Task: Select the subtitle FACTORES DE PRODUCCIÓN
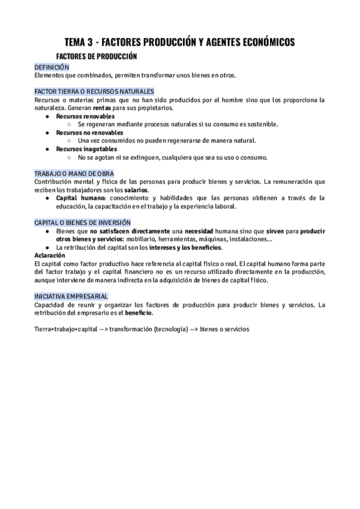click(101, 56)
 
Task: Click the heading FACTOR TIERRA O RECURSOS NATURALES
click(86, 91)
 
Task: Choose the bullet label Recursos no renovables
click(90, 132)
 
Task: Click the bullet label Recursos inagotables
click(87, 149)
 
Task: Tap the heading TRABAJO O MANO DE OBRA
click(74, 173)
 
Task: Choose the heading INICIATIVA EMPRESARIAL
click(71, 297)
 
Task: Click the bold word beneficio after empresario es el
click(138, 313)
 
